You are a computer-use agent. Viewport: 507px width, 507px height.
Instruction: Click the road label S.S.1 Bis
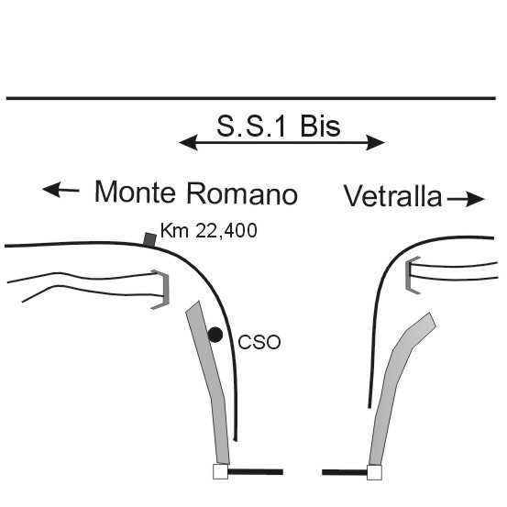279,127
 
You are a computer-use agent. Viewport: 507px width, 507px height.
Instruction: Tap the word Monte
135,192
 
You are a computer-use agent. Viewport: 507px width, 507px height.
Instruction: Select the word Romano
242,193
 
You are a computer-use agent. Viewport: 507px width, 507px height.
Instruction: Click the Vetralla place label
392,196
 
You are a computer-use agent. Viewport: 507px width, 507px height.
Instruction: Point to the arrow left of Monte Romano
61,190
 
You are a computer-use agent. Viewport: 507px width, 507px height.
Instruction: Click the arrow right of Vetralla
466,199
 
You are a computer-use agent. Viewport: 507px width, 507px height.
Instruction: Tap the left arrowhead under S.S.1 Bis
189,143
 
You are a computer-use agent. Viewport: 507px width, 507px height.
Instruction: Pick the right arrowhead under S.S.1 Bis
375,143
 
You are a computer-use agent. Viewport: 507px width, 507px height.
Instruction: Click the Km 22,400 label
208,231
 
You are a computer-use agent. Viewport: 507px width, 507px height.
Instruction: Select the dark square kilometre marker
149,239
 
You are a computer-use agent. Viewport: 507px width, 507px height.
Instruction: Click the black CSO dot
215,335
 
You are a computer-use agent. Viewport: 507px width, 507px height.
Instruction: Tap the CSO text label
259,342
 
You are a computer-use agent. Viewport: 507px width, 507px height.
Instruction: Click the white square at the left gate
221,471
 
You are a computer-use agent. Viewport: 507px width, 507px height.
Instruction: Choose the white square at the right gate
374,472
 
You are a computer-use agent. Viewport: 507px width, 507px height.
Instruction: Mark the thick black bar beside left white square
256,472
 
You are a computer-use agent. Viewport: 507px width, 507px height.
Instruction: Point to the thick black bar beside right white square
345,472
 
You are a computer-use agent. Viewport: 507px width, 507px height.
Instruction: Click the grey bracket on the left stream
166,290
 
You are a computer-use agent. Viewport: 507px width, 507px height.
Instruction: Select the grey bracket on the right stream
409,275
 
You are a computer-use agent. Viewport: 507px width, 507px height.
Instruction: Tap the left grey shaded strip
208,381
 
